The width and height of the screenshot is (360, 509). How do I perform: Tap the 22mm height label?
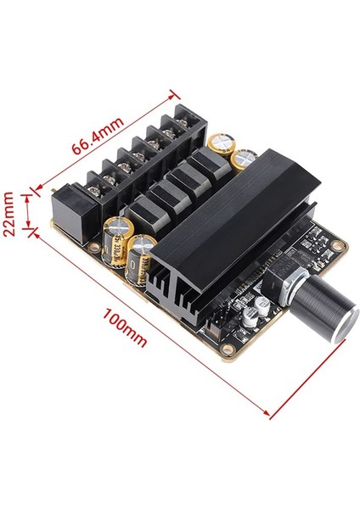click(10, 214)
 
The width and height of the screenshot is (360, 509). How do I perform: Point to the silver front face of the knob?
click(338, 323)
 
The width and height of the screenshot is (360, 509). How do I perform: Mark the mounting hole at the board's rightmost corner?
click(338, 246)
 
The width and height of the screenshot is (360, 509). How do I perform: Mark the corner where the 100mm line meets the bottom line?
click(269, 416)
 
